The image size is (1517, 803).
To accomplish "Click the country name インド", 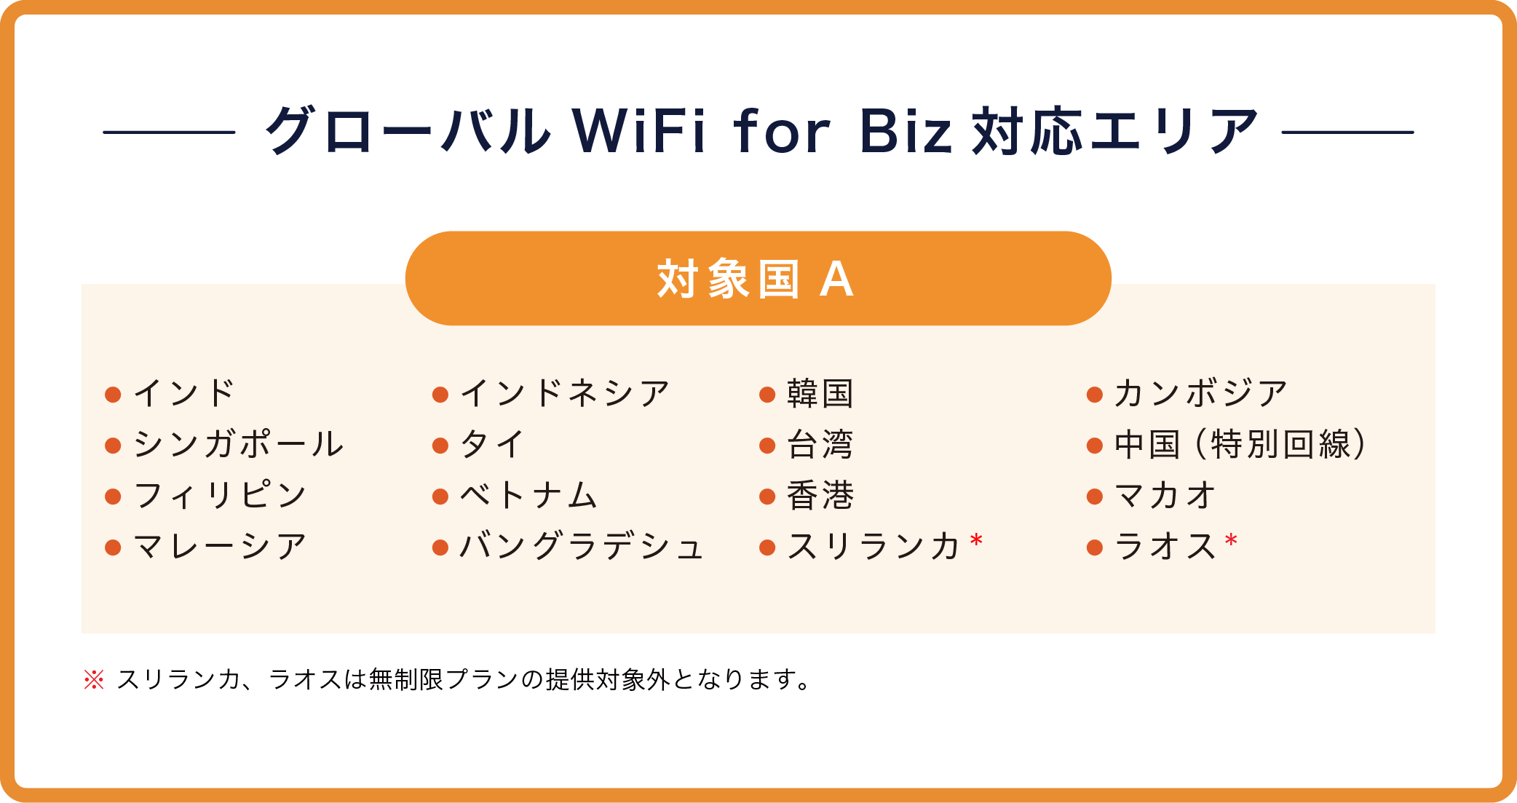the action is point(183,394).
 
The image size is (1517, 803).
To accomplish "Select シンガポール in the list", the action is point(238,444).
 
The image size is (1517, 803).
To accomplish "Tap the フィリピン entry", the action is point(220,495).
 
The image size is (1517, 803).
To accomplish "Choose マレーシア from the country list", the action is point(220,546).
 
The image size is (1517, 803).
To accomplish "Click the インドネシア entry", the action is point(565,394).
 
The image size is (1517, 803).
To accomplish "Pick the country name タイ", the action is point(492,444).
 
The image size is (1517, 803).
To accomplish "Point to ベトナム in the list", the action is point(528,495).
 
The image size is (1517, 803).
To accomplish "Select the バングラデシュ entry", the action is point(582,546).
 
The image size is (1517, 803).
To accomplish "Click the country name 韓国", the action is point(820,394).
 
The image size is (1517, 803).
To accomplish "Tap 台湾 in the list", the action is point(820,444).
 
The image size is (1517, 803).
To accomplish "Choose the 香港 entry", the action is point(820,495).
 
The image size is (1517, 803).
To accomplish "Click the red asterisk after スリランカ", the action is point(977,540).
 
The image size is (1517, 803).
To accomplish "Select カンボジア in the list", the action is point(1201,394).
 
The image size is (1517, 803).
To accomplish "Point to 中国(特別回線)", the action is point(1240,444).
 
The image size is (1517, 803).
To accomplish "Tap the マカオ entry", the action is point(1165,495).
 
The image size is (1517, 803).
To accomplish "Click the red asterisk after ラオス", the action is point(1231,540).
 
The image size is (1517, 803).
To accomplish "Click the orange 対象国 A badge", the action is point(758,278).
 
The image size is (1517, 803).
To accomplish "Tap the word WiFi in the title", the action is point(639,131).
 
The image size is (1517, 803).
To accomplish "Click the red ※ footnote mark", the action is point(94,679).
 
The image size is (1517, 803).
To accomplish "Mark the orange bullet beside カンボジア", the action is point(1094,395).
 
